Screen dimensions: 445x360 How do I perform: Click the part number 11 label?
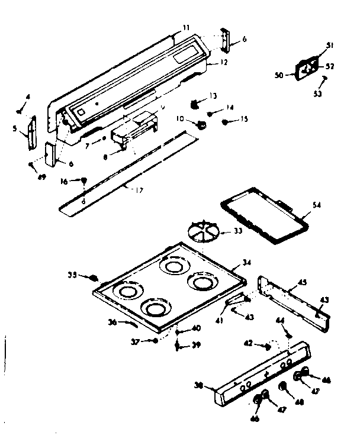[x=186, y=27]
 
